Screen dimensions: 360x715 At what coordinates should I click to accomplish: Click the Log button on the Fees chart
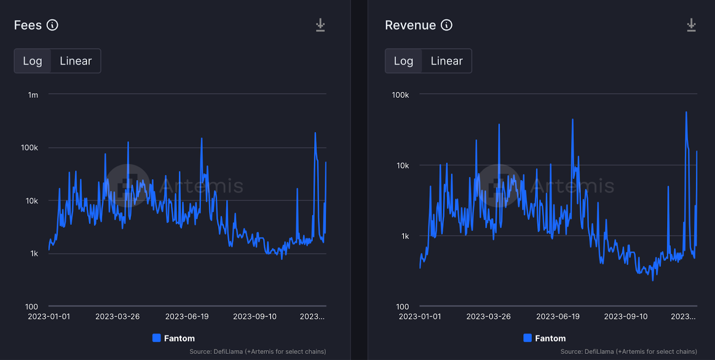[33, 61]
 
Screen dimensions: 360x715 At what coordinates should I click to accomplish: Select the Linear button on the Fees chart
[76, 61]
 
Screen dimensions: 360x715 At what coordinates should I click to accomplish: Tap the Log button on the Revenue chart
[404, 61]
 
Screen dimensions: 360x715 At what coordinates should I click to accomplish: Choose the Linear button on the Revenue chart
[446, 61]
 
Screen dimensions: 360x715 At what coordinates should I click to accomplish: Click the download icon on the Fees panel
[320, 25]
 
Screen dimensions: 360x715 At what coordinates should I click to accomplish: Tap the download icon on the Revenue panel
[691, 25]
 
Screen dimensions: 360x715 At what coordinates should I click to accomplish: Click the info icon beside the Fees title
[52, 25]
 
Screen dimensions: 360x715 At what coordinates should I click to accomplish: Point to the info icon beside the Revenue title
[446, 25]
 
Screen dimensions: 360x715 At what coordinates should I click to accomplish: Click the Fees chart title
[28, 25]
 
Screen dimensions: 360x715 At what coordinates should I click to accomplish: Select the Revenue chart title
[410, 25]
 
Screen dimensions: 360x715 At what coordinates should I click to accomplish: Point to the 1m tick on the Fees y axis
[33, 95]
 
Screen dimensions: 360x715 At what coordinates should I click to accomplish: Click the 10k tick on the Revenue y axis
[403, 166]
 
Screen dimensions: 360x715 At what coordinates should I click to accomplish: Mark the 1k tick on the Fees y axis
[34, 254]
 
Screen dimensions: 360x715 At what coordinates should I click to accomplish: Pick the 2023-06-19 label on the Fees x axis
[187, 317]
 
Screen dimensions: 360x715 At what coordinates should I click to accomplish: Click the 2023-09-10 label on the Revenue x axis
[626, 317]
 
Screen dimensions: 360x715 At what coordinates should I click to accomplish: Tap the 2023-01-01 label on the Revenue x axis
[420, 317]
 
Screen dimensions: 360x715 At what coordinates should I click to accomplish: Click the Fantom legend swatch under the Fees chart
[156, 338]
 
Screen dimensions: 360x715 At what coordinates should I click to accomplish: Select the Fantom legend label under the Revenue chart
[550, 339]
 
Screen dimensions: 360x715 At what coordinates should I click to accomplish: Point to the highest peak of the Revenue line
[686, 113]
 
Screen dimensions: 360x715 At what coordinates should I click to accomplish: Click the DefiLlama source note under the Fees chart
[257, 352]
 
